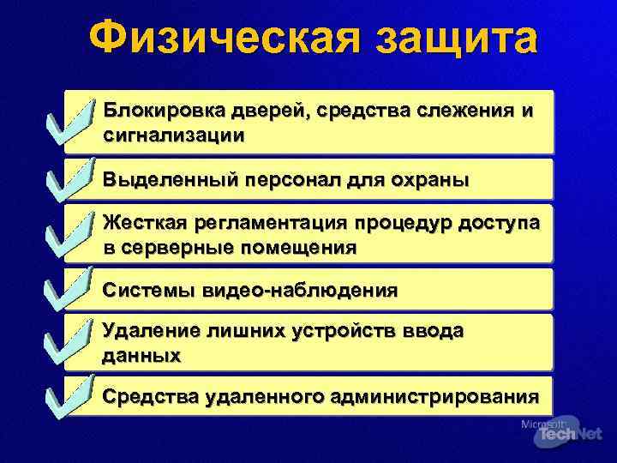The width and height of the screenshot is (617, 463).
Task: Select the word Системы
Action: pyautogui.click(x=148, y=290)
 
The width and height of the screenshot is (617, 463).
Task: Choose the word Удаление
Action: pyautogui.click(x=147, y=332)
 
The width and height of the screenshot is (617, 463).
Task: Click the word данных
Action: pyautogui.click(x=141, y=355)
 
